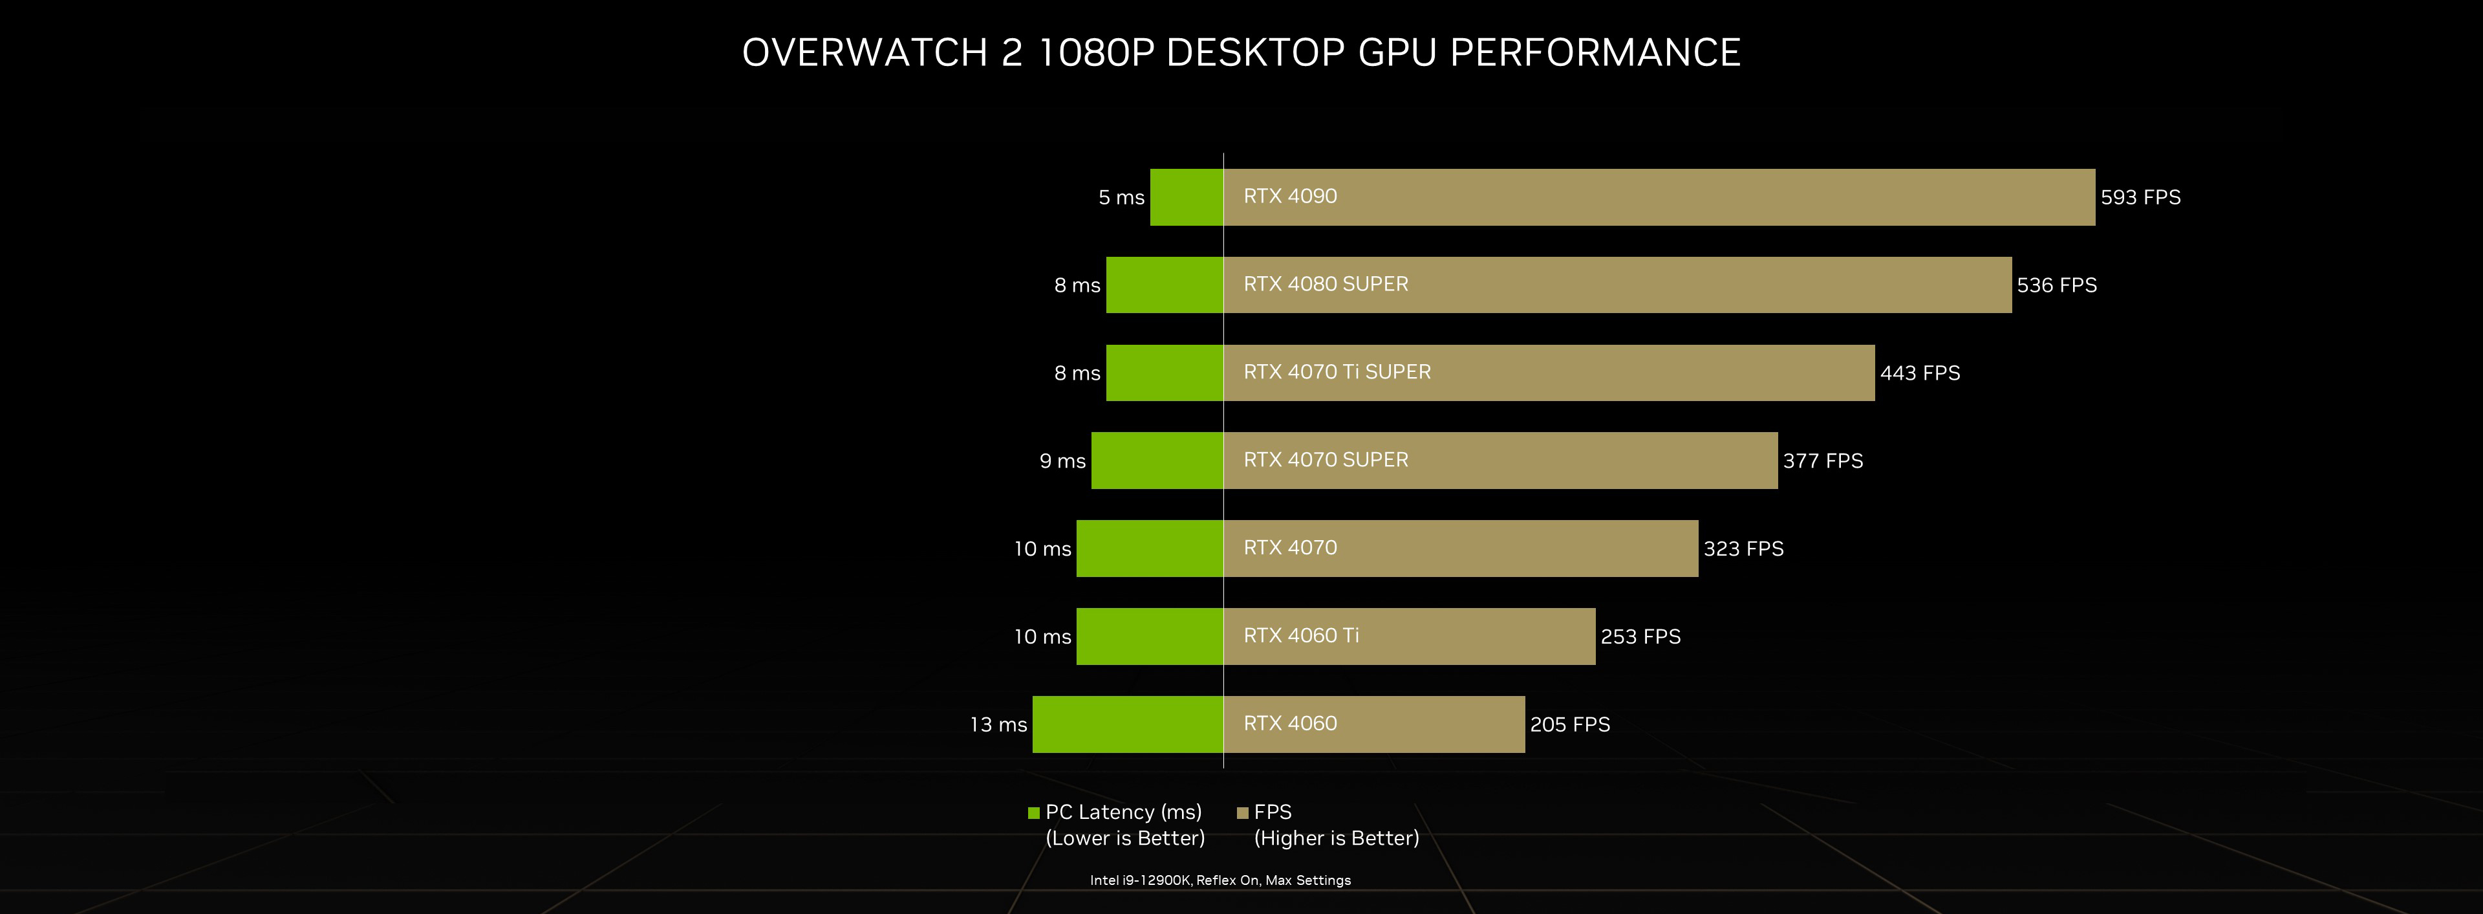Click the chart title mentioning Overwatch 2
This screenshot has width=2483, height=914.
1241,52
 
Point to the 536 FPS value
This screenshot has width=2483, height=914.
2056,285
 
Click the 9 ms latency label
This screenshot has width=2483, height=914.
1062,461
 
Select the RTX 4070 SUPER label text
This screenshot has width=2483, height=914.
1326,460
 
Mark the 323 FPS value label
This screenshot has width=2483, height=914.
1743,549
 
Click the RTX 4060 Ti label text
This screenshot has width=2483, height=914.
1301,635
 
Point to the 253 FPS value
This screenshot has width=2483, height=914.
1640,637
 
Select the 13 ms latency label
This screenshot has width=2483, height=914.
998,724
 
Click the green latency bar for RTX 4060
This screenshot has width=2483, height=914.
1128,724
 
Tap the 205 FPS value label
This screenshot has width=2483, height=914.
1569,724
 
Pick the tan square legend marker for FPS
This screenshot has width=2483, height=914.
1242,812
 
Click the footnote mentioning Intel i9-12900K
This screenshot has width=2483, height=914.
1220,880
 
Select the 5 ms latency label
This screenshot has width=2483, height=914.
1121,198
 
